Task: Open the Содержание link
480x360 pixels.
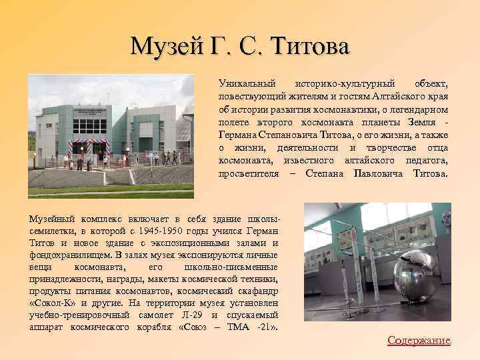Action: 419,341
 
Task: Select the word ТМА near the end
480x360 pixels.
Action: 238,327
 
